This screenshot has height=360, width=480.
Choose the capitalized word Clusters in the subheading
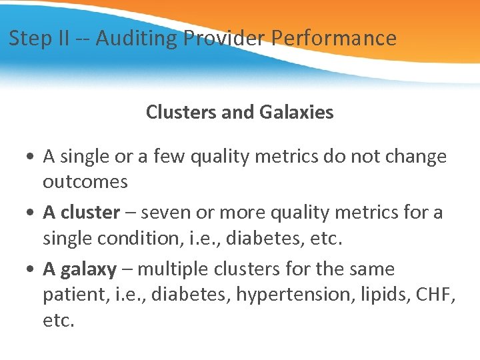(x=179, y=112)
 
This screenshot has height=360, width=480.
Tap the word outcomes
(x=85, y=181)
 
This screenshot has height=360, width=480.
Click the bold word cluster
(x=90, y=213)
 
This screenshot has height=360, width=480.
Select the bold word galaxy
(x=88, y=269)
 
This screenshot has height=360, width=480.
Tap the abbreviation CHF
(x=437, y=295)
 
